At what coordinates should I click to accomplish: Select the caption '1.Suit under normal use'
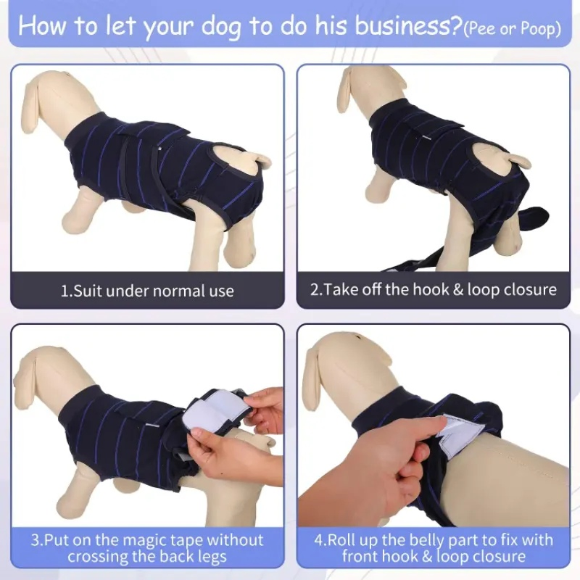coord(147,291)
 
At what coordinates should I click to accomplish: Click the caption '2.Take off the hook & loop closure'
coord(434,289)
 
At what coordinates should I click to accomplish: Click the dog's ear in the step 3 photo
coord(28,373)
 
